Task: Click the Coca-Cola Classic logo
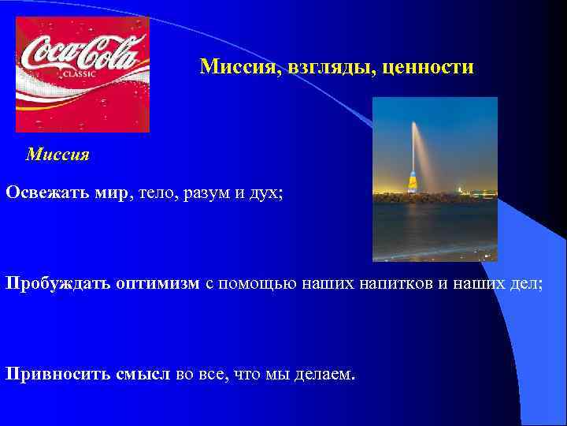tap(82, 74)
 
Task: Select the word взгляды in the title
tap(332, 67)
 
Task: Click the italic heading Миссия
tap(57, 155)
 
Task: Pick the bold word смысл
tap(143, 372)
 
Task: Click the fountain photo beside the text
tap(435, 179)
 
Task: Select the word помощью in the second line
tap(253, 283)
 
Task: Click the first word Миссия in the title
tap(234, 67)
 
